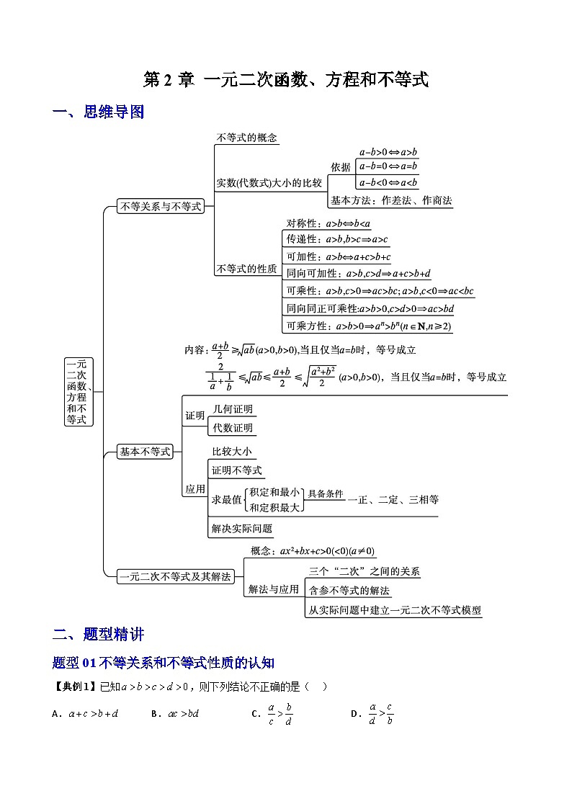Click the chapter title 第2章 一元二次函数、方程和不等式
[286, 80]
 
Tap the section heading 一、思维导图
[99, 112]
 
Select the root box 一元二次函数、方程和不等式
[76, 391]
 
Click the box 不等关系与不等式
[161, 207]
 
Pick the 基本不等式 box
[145, 452]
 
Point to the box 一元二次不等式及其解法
[176, 576]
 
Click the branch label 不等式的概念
[246, 138]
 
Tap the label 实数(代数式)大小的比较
[269, 183]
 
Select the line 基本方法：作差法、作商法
[391, 201]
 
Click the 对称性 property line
[328, 223]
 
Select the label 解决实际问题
[242, 528]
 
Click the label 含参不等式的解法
[349, 591]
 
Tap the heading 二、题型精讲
[99, 635]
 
